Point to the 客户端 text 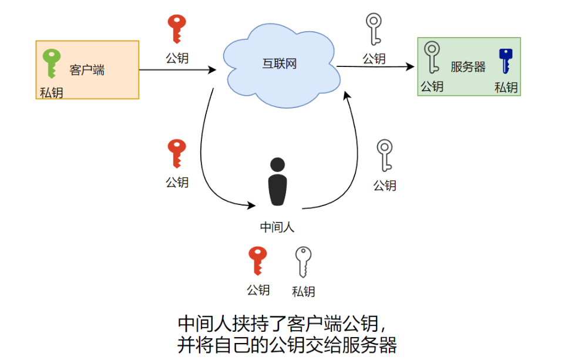(87, 70)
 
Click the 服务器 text (468, 67)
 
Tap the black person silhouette (277, 182)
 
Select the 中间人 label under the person (277, 227)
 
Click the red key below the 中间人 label (257, 260)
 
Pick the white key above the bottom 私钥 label (303, 261)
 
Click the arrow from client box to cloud (176, 70)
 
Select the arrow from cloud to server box (376, 67)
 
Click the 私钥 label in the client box (51, 93)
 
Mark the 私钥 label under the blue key (506, 88)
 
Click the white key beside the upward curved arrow (384, 155)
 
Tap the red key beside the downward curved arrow (176, 154)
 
